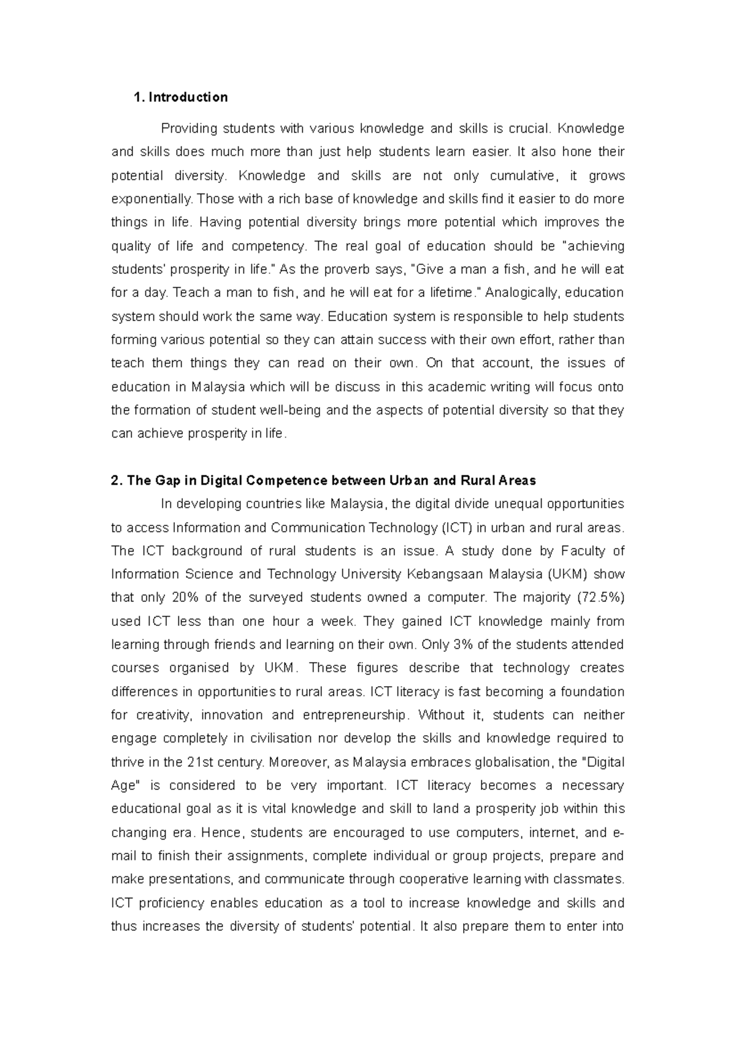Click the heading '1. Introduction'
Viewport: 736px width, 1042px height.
(x=180, y=97)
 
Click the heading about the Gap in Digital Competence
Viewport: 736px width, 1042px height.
(x=323, y=480)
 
